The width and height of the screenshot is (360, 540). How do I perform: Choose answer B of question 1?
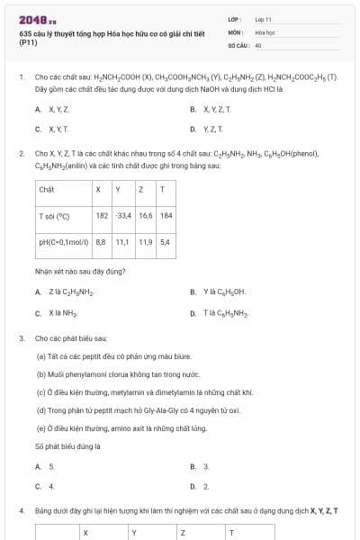click(211, 109)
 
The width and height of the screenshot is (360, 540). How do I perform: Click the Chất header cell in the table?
click(47, 190)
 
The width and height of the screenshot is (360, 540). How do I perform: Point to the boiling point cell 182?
click(102, 216)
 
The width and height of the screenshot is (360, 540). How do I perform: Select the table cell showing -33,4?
click(123, 216)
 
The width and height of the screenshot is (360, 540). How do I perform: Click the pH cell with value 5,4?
click(165, 242)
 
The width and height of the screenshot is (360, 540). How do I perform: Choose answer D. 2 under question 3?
click(200, 486)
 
